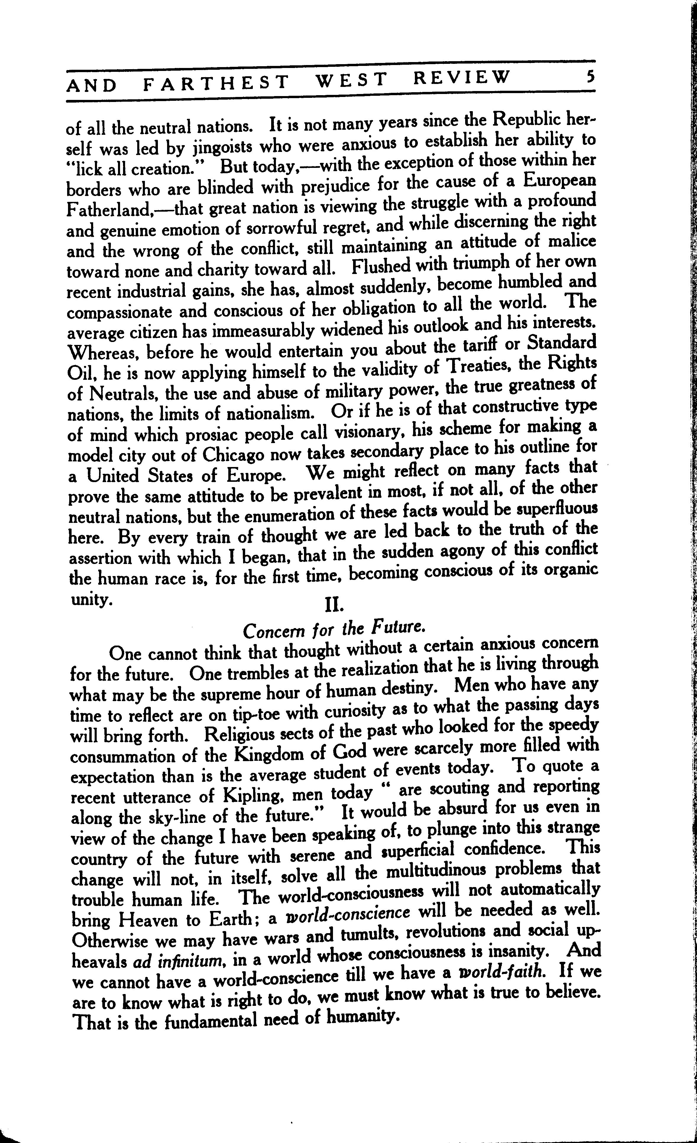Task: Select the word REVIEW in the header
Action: click(462, 77)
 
